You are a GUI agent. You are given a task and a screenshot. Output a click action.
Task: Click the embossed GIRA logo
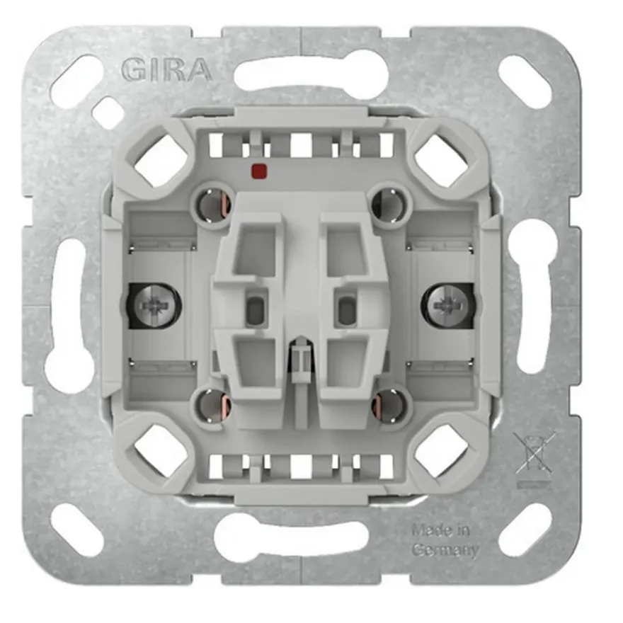coord(167,70)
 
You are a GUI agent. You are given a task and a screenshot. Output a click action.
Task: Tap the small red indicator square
coord(259,171)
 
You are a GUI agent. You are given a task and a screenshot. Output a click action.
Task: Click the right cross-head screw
coord(449,306)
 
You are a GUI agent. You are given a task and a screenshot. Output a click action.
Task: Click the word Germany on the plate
coord(445,550)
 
